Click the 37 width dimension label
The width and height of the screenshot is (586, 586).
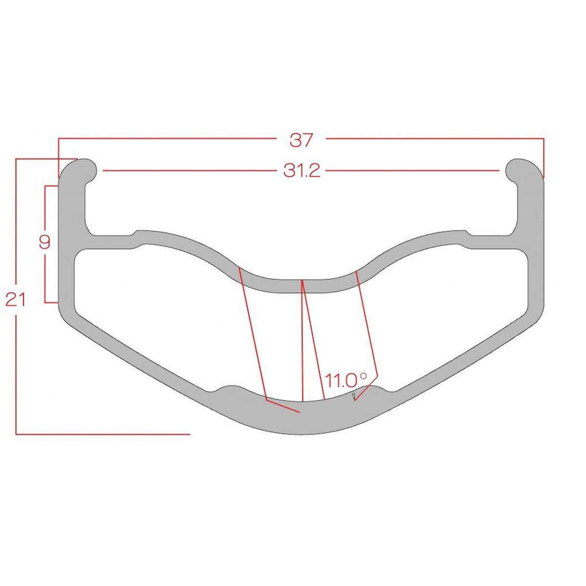[301, 140]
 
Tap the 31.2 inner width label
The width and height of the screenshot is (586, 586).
[302, 171]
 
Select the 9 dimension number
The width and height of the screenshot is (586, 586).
[45, 242]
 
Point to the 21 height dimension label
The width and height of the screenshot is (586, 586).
[15, 300]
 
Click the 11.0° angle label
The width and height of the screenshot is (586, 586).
[346, 381]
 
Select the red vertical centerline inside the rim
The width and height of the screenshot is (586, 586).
[302, 340]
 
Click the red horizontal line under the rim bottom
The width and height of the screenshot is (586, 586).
[103, 434]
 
